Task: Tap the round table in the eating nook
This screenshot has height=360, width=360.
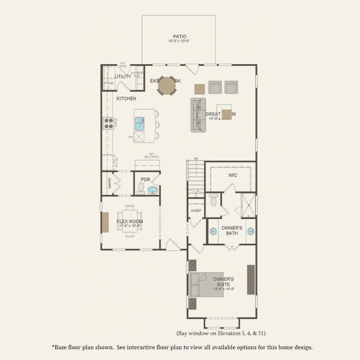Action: coord(167,85)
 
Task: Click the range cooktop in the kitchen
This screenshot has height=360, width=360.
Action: coord(108,123)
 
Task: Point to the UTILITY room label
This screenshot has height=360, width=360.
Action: coord(122,77)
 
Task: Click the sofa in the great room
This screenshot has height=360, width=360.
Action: coord(198,115)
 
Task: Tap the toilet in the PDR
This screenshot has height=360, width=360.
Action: coord(141,188)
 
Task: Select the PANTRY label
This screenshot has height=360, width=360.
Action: coord(110,183)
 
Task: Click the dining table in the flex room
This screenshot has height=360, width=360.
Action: coord(129,221)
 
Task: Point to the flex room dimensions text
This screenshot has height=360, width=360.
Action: coord(129,225)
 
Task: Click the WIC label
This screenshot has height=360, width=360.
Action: coord(233,175)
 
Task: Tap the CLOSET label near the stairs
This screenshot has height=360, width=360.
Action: coord(196,210)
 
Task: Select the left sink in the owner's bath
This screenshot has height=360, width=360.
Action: coord(213,232)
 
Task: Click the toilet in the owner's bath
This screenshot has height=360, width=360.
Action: coord(213,200)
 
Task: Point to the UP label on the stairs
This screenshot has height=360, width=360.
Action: coord(196,158)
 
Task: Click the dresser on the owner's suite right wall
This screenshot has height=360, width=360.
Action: coord(250,280)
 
